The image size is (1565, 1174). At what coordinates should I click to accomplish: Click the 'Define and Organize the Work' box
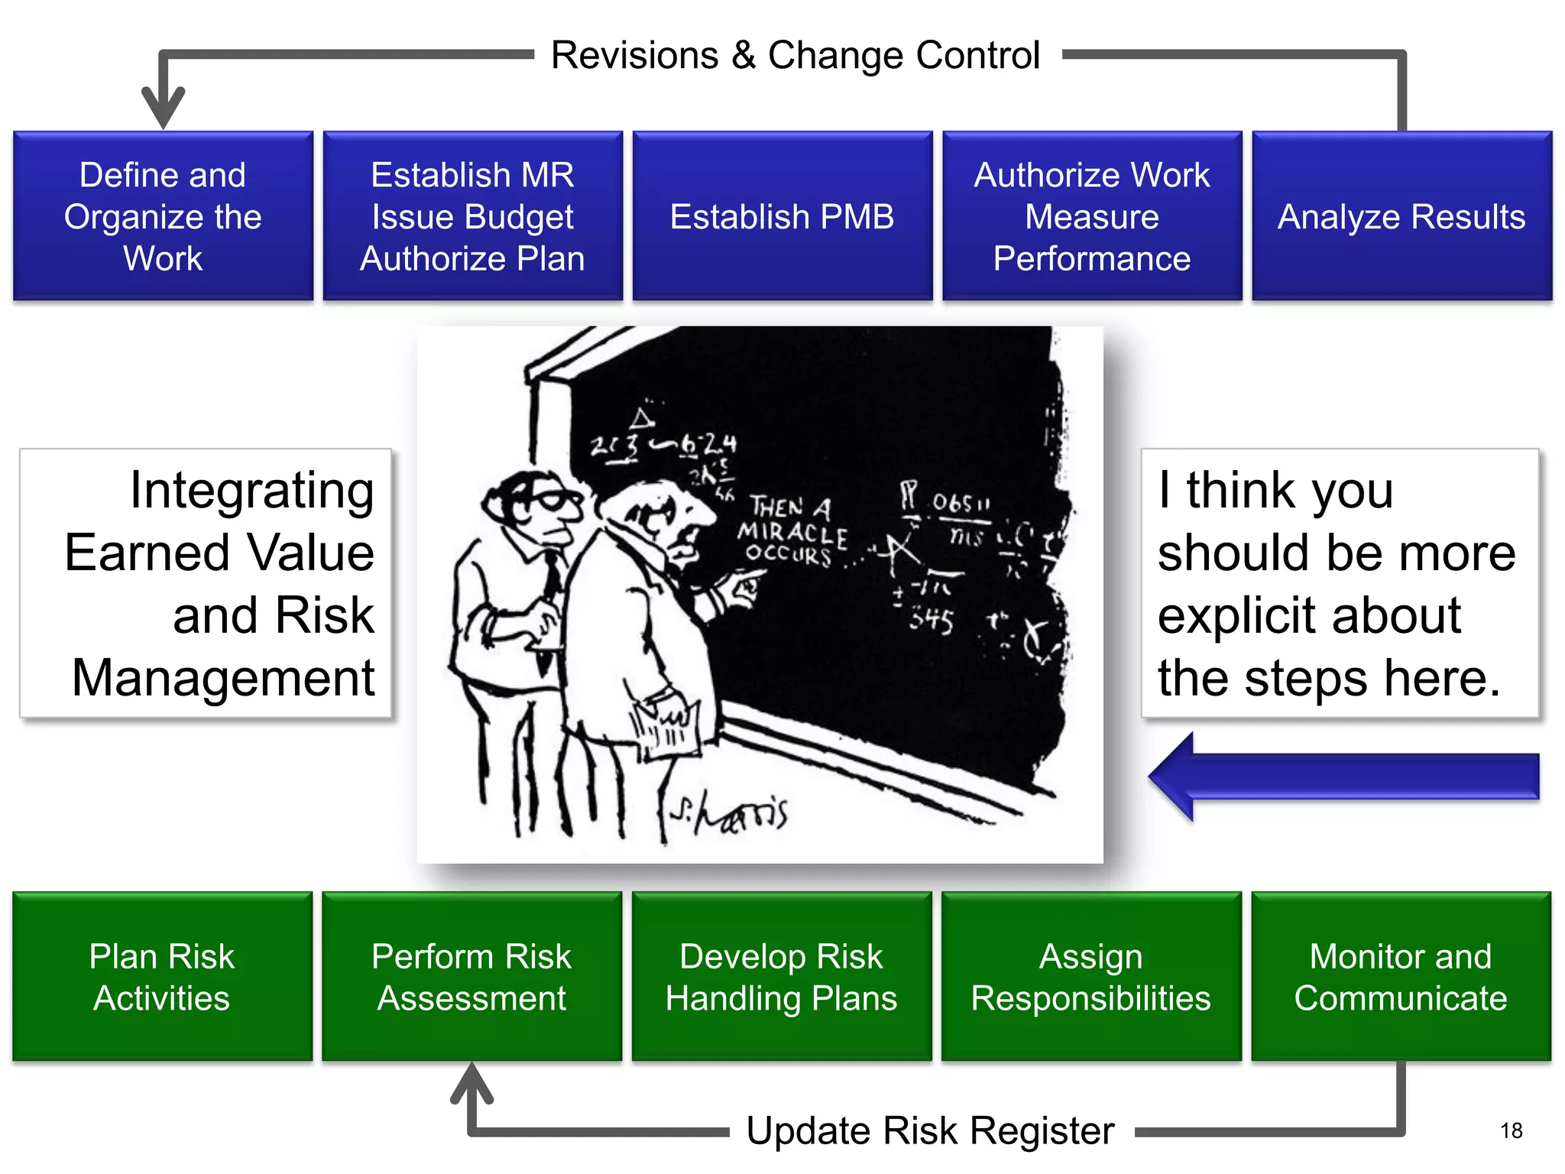coord(163,216)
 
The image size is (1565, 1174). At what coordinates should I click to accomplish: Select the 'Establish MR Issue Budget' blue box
coord(472,216)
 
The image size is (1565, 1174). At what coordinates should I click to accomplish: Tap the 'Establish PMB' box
coord(782,216)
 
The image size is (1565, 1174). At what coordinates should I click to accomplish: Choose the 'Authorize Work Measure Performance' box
coord(1092,216)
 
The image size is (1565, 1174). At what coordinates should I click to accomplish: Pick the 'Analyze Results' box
coord(1401,216)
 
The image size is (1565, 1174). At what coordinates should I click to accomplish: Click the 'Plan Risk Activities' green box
coord(162,977)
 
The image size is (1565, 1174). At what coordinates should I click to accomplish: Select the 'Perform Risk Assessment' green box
coord(471,977)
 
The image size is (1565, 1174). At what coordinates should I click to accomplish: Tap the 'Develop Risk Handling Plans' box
coord(781,977)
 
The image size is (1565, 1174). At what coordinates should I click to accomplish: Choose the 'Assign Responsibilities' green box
coord(1091,977)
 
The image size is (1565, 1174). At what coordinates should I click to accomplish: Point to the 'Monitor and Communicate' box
coord(1401,977)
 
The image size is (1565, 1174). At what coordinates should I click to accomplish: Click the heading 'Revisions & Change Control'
coord(795,55)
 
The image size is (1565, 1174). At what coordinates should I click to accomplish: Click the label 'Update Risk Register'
coord(930,1130)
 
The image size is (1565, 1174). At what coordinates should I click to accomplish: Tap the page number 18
coord(1511,1130)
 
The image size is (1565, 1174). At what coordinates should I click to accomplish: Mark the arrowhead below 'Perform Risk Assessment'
coord(471,1082)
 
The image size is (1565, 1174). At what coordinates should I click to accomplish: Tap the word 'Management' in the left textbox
coord(223,677)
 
